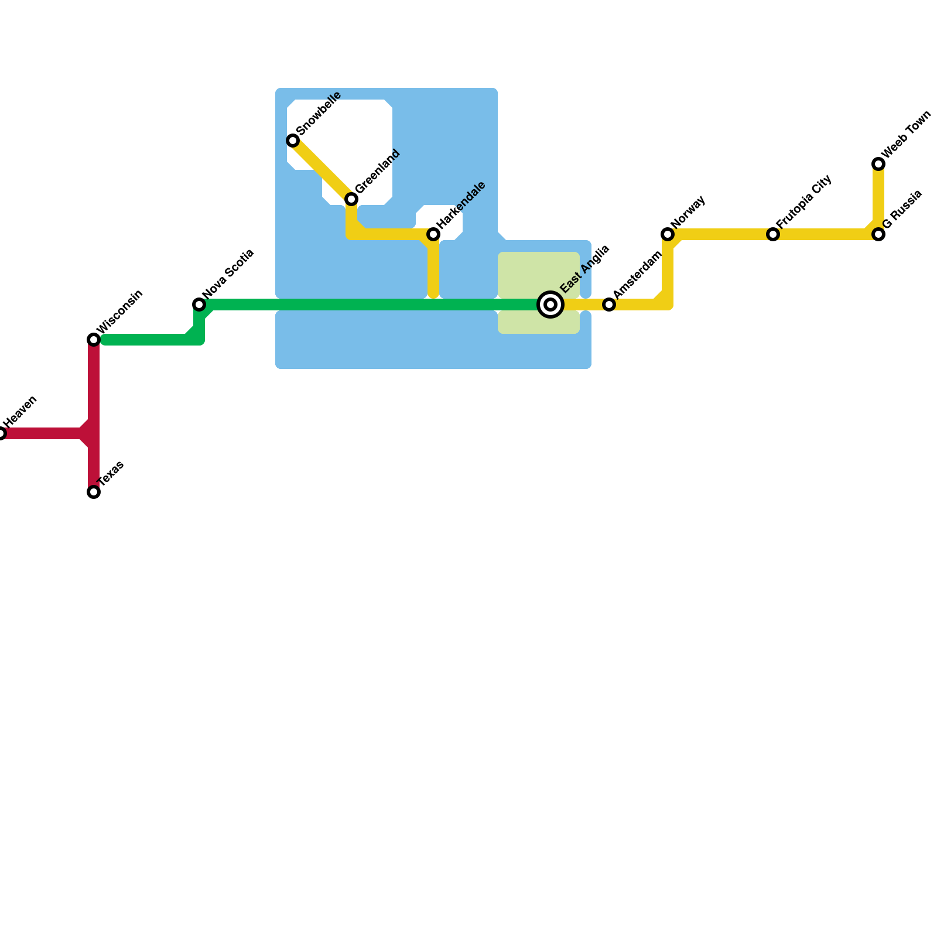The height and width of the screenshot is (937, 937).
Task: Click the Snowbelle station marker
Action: pyautogui.click(x=293, y=141)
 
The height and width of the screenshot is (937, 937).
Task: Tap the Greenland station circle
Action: pyautogui.click(x=351, y=199)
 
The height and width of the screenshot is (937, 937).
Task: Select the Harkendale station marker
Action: pyautogui.click(x=433, y=234)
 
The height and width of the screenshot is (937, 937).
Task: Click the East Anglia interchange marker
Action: pyautogui.click(x=550, y=305)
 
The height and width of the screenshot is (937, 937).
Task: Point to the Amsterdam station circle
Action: pyautogui.click(x=609, y=305)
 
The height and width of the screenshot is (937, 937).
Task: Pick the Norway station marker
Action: pyautogui.click(x=668, y=234)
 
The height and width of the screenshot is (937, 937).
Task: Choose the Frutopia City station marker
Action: pyautogui.click(x=773, y=234)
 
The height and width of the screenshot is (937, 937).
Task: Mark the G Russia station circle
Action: pyautogui.click(x=878, y=234)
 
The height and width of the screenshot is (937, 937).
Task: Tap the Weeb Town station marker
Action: pyautogui.click(x=878, y=164)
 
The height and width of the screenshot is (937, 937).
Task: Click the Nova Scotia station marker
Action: pyautogui.click(x=199, y=305)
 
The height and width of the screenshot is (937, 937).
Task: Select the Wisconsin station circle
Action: pyautogui.click(x=94, y=340)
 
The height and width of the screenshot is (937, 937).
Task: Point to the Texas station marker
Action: pyautogui.click(x=94, y=492)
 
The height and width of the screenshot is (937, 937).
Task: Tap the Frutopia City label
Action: pyautogui.click(x=804, y=202)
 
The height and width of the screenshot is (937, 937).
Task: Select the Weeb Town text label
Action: pyautogui.click(x=905, y=134)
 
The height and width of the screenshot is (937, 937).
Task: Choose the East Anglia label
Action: pyautogui.click(x=585, y=269)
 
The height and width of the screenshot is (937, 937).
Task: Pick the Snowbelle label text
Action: pyautogui.click(x=319, y=113)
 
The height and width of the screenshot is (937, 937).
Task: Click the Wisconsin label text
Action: pyautogui.click(x=120, y=312)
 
